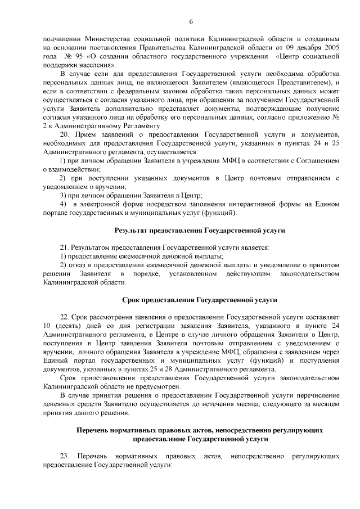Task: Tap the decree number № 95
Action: pos(72,57)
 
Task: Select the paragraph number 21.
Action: pos(64,247)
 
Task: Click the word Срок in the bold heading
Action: pos(131,300)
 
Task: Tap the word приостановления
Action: pos(107,378)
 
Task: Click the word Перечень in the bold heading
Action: pos(92,430)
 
